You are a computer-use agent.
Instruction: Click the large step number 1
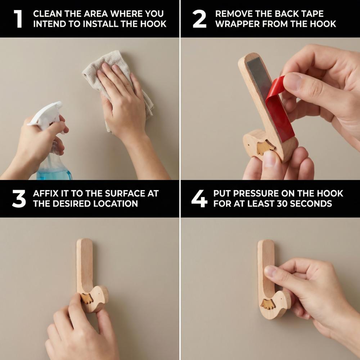(x=18, y=19)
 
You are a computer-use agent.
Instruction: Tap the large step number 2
(x=199, y=19)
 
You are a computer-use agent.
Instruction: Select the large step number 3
(x=19, y=199)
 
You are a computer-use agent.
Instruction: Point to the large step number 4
(x=199, y=199)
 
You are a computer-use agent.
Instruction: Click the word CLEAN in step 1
(x=47, y=14)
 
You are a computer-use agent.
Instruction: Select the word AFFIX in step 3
(x=46, y=194)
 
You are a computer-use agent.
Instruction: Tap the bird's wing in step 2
(x=264, y=147)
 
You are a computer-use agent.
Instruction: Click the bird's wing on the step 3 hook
(x=87, y=298)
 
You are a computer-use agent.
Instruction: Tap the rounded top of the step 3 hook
(x=85, y=242)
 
